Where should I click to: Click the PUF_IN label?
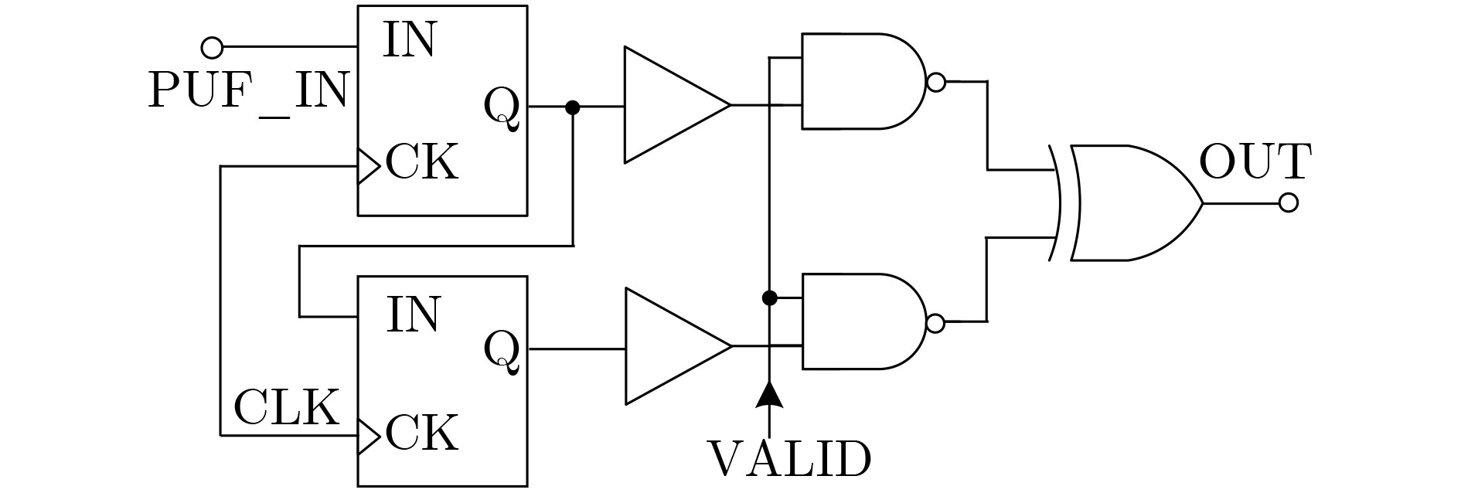tap(248, 91)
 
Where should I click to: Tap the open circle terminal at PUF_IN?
tap(212, 48)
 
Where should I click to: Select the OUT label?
tap(1255, 162)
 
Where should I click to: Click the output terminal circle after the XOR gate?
tap(1288, 203)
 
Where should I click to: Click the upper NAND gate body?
tap(858, 81)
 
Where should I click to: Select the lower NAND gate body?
tap(858, 321)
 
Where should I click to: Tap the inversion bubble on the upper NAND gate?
tap(935, 82)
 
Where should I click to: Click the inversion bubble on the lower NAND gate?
tap(935, 323)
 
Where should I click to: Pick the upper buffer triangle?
tap(669, 105)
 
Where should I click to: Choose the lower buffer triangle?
tap(669, 346)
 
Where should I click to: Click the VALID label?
tap(789, 460)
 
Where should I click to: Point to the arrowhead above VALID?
tap(769, 394)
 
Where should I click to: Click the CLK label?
tap(286, 407)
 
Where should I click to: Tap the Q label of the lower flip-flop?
tap(502, 350)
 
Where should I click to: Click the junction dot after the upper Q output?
tap(573, 107)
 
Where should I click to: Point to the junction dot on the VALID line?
tap(769, 297)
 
